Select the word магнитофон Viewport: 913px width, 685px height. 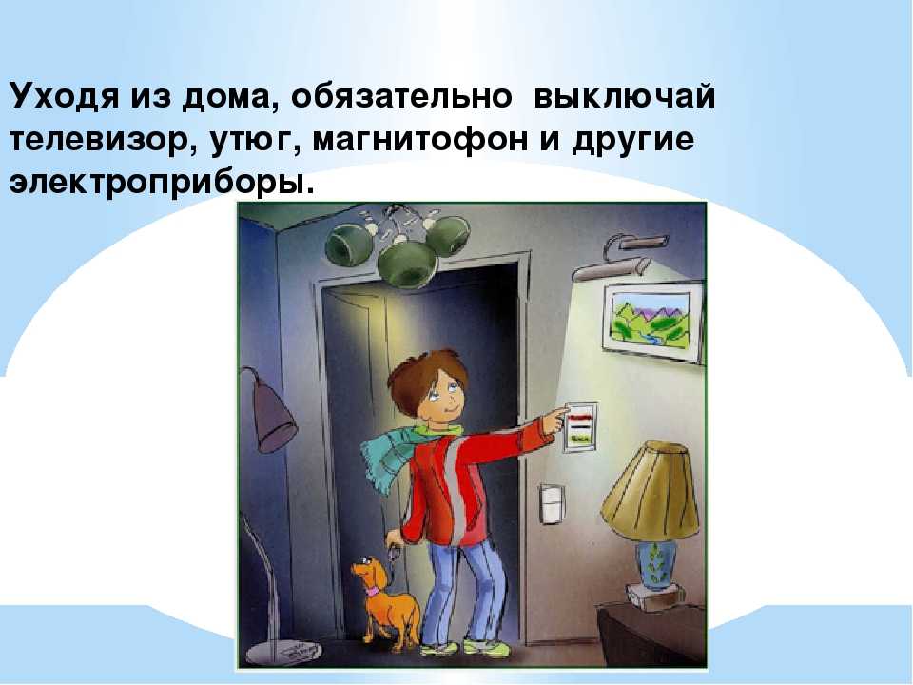click(419, 141)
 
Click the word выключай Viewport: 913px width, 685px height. click(624, 96)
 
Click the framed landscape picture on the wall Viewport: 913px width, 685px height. click(652, 322)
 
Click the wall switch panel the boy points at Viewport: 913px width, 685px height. click(579, 427)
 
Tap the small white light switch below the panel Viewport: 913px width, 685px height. click(552, 503)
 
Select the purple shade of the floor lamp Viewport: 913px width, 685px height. click(273, 415)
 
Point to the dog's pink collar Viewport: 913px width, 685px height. click(372, 591)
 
